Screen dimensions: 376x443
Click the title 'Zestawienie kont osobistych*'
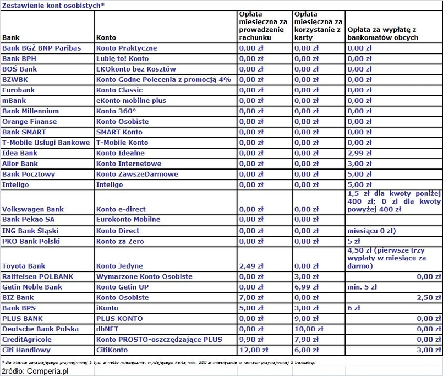(53, 5)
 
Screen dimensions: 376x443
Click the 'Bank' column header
(11, 38)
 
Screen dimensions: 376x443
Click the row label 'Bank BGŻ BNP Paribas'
(41, 48)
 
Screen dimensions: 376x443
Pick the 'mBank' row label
(14, 101)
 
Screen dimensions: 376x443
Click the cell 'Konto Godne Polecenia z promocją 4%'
(163, 80)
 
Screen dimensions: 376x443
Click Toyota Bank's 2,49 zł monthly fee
(251, 266)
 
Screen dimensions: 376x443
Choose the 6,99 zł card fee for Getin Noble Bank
(307, 287)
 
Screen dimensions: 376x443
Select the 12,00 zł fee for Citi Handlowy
(253, 350)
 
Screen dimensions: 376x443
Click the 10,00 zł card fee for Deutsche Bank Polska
(308, 329)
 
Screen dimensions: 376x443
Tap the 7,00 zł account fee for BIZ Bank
(251, 297)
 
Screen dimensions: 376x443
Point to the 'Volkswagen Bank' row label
(33, 209)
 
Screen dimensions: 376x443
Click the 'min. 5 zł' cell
(362, 287)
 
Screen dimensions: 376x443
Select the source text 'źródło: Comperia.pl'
(35, 372)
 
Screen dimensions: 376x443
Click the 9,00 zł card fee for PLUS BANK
(307, 318)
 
